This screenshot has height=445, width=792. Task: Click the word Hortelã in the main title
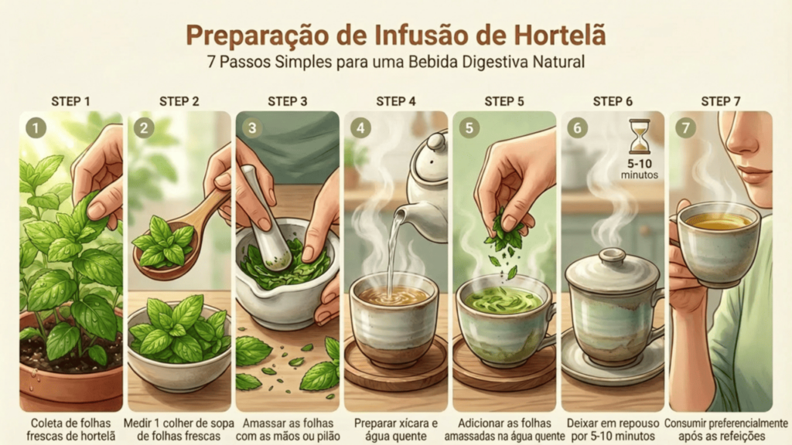(560, 35)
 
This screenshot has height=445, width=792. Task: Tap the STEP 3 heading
(288, 101)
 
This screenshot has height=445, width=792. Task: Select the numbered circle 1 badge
(36, 127)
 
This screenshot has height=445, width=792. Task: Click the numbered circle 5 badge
(469, 127)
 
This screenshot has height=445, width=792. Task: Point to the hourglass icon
(640, 136)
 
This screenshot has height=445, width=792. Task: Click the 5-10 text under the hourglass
(640, 164)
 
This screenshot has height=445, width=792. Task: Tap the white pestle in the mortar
(265, 217)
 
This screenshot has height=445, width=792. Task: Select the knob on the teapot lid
(435, 142)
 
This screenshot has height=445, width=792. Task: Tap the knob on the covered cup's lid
(613, 255)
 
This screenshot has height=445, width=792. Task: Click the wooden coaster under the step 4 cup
(395, 365)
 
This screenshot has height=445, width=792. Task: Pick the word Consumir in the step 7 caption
(685, 423)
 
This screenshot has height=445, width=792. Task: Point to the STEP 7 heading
(721, 101)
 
